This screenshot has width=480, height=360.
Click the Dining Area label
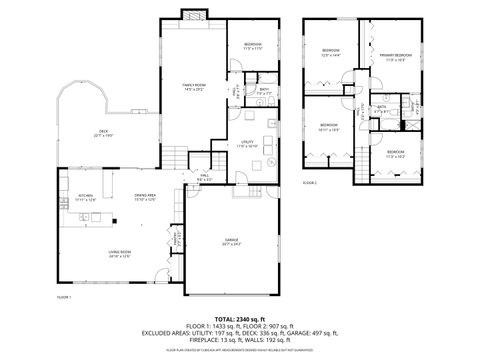click(146, 198)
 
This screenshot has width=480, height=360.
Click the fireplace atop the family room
click(192, 14)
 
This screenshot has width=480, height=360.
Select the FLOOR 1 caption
click(63, 298)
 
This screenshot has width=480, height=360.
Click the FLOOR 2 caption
click(309, 183)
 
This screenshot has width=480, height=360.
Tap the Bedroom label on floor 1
click(253, 46)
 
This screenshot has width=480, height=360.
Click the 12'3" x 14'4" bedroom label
click(331, 52)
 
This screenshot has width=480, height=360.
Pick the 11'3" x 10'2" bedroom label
click(395, 154)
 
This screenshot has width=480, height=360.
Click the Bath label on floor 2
click(381, 108)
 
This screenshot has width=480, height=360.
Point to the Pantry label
click(177, 237)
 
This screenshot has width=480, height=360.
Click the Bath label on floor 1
click(264, 91)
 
